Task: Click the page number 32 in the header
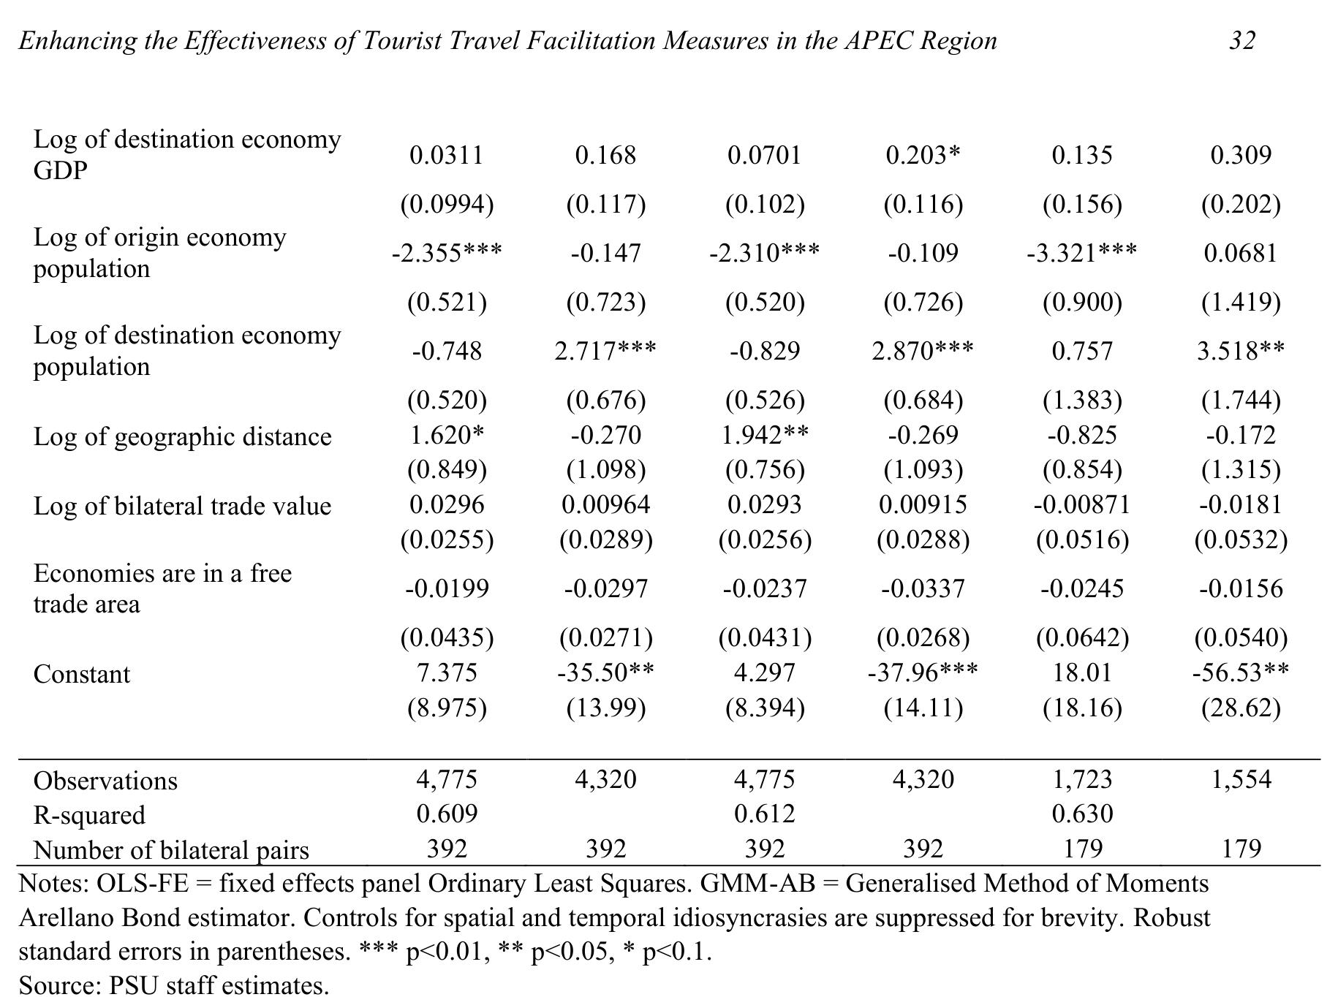[x=1241, y=40]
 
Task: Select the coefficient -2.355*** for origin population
[x=447, y=253]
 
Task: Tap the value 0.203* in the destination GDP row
[x=923, y=155]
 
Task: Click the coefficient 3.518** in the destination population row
[x=1241, y=351]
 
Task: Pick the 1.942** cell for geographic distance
[x=765, y=435]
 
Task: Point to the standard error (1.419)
[x=1241, y=302]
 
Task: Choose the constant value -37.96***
[x=923, y=672]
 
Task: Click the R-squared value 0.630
[x=1082, y=814]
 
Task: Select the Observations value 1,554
[x=1241, y=780]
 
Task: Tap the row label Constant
[x=82, y=674]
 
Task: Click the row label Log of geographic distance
[x=183, y=437]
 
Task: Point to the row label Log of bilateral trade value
[x=183, y=506]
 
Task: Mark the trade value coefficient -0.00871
[x=1082, y=504]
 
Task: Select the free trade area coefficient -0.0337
[x=923, y=588]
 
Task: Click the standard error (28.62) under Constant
[x=1241, y=708]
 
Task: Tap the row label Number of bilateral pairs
[x=172, y=850]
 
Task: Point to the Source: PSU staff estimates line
[x=174, y=985]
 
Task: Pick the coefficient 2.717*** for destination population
[x=605, y=351]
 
